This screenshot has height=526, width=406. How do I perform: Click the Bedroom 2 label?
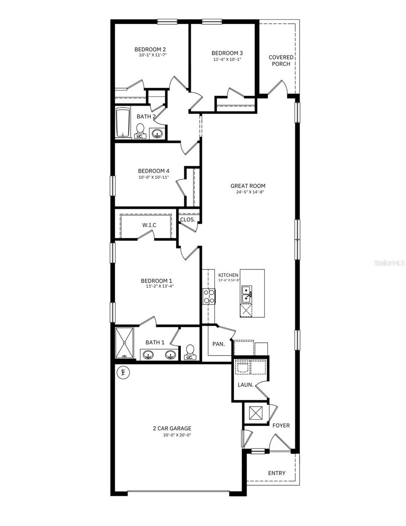point(150,50)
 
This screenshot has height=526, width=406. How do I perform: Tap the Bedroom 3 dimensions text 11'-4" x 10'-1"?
point(227,59)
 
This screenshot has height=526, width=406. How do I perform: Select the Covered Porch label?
point(281,60)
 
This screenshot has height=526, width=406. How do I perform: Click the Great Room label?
point(248,186)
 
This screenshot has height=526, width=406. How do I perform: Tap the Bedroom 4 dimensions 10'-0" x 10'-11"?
point(153,177)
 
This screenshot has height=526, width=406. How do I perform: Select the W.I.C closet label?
point(149,225)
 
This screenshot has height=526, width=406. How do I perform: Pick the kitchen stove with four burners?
point(208,297)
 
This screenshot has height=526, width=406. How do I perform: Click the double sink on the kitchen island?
point(247,295)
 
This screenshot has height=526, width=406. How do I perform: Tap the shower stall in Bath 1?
point(125,343)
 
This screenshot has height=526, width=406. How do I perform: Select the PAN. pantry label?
point(219,344)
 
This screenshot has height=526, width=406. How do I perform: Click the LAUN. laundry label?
point(244,385)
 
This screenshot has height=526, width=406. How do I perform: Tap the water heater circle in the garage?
point(123,373)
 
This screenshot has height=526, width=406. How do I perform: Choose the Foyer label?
point(281,425)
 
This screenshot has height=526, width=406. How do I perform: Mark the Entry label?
point(276,473)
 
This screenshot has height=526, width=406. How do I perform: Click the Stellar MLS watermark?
point(389,263)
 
